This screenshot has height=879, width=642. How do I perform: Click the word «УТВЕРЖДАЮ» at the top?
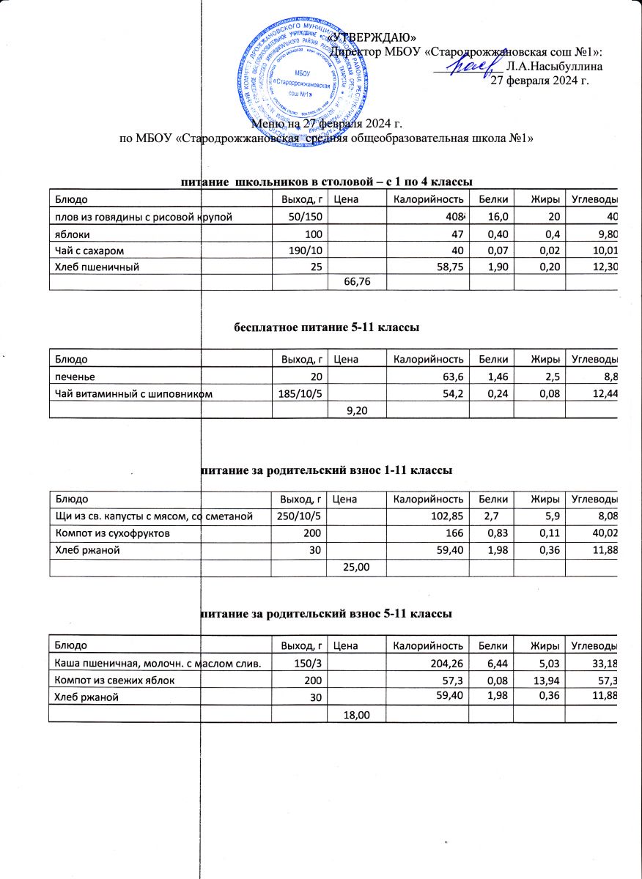tap(374, 37)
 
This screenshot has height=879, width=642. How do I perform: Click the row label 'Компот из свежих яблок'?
tap(110, 680)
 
